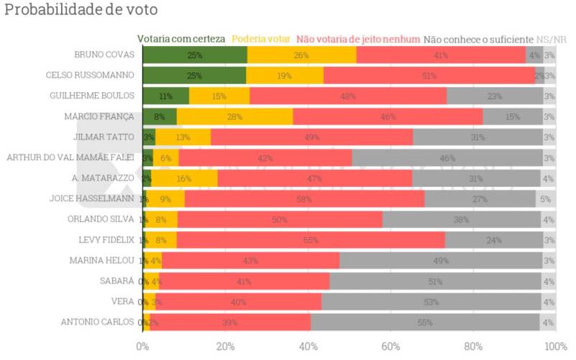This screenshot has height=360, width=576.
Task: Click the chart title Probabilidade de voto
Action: coord(81,11)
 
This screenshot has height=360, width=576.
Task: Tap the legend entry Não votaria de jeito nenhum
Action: coord(357,39)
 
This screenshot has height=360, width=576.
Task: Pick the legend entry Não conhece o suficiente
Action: coord(478,39)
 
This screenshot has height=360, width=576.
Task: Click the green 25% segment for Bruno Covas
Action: coord(195,55)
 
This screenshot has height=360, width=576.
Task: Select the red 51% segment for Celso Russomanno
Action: coord(429,75)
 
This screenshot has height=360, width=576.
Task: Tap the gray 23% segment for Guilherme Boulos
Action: coord(495,96)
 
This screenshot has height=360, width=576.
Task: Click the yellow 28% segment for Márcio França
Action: coord(234,116)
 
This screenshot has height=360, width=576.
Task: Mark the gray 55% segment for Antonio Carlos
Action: coord(426,323)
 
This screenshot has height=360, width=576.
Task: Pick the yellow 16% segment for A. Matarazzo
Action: coord(184,178)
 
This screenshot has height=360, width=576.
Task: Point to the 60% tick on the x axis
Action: coord(390,346)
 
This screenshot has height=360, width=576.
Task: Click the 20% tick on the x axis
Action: coord(225,346)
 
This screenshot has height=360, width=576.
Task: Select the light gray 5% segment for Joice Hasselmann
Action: coord(546,199)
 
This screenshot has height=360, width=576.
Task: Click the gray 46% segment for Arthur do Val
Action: coord(447,157)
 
